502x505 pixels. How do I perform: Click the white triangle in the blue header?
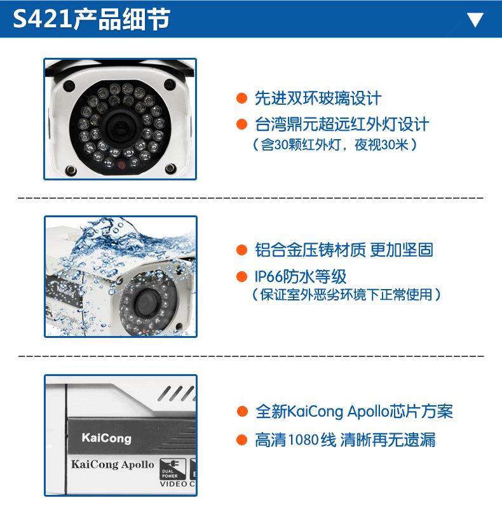(x=475, y=20)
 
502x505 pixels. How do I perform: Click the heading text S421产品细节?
(x=92, y=19)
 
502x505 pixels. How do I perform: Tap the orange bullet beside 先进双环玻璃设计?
(x=241, y=98)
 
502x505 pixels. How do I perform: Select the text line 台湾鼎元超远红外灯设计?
(x=342, y=124)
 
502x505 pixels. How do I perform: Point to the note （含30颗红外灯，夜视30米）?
(x=335, y=145)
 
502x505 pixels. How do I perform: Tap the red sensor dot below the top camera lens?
(x=121, y=165)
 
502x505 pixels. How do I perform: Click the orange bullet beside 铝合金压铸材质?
(x=241, y=250)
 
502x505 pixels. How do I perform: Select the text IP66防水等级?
(x=301, y=276)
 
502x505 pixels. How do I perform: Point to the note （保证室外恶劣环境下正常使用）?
(x=346, y=294)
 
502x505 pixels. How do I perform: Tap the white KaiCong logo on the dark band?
(x=106, y=438)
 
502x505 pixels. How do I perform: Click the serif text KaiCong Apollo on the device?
(x=112, y=464)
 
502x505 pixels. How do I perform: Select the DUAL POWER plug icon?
(x=173, y=469)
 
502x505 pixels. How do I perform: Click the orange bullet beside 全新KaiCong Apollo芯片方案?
(x=242, y=411)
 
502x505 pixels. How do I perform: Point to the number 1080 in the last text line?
(x=303, y=440)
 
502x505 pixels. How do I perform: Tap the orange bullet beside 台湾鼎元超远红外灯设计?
(x=241, y=124)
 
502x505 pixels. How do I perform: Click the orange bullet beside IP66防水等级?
(x=241, y=276)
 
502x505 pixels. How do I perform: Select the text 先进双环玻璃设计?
(x=318, y=98)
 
